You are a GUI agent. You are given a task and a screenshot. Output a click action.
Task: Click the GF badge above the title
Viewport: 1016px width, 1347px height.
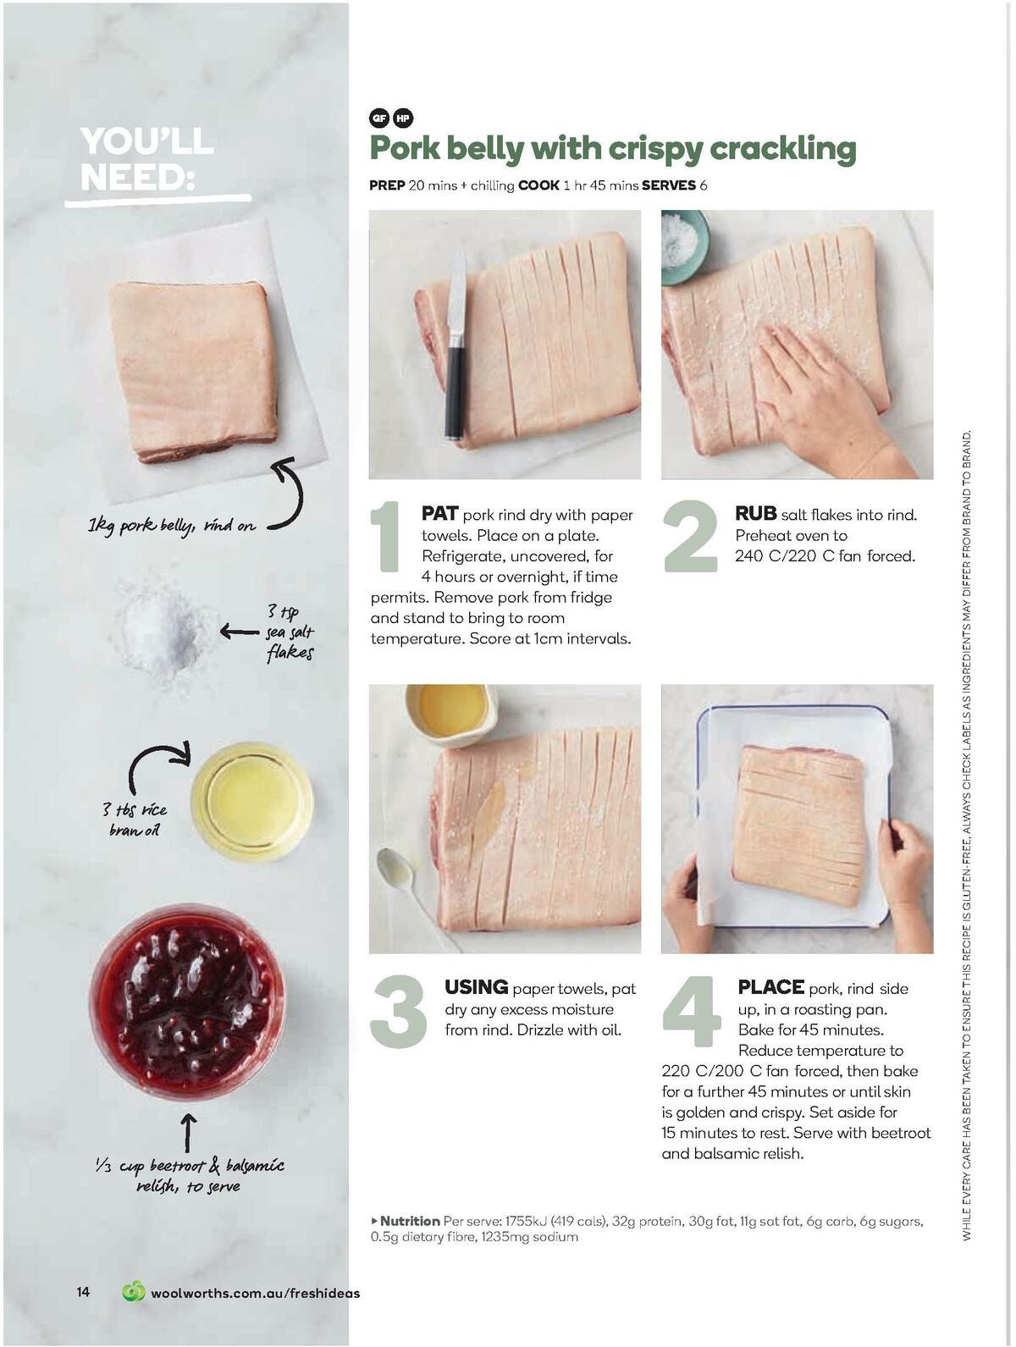pyautogui.click(x=378, y=119)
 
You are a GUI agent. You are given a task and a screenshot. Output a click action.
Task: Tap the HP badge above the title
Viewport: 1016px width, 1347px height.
pyautogui.click(x=402, y=119)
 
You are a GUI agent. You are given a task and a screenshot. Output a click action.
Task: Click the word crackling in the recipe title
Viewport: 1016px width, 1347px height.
pyautogui.click(x=782, y=149)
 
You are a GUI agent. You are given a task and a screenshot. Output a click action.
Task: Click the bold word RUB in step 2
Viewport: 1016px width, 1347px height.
pyautogui.click(x=755, y=513)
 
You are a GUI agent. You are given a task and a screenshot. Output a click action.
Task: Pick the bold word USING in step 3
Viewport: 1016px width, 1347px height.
pyautogui.click(x=476, y=987)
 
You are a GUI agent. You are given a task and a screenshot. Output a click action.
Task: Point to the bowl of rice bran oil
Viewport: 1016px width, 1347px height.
pyautogui.click(x=251, y=802)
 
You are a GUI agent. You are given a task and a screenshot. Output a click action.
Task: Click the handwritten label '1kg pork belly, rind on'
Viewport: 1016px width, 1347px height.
pyautogui.click(x=172, y=526)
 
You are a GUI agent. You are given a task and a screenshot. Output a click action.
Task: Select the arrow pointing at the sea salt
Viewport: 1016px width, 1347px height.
pyautogui.click(x=238, y=631)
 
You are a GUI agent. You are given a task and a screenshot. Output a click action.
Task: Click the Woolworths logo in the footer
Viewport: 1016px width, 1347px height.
pyautogui.click(x=134, y=1292)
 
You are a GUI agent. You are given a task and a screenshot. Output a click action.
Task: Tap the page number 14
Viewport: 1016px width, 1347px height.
pyautogui.click(x=83, y=1292)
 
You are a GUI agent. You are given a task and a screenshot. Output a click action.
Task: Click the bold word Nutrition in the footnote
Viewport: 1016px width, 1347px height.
pyautogui.click(x=410, y=1221)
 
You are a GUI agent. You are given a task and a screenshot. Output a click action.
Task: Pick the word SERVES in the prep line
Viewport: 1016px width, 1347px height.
pyautogui.click(x=668, y=185)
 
